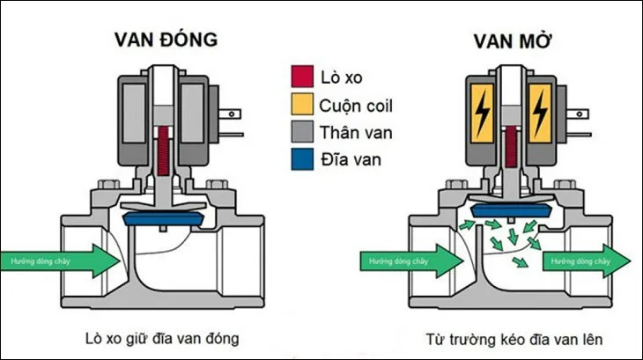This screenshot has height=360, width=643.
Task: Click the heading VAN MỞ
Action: [x=508, y=40]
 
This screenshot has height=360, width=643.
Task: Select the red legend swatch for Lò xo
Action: [x=299, y=78]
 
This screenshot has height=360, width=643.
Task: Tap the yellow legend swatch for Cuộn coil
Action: [x=299, y=107]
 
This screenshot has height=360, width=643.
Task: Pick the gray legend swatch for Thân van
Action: [x=299, y=135]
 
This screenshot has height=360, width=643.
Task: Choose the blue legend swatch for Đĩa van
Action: [x=299, y=162]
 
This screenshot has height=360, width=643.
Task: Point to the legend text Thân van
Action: [x=357, y=135]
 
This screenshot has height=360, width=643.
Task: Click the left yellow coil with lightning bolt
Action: [x=484, y=114]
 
